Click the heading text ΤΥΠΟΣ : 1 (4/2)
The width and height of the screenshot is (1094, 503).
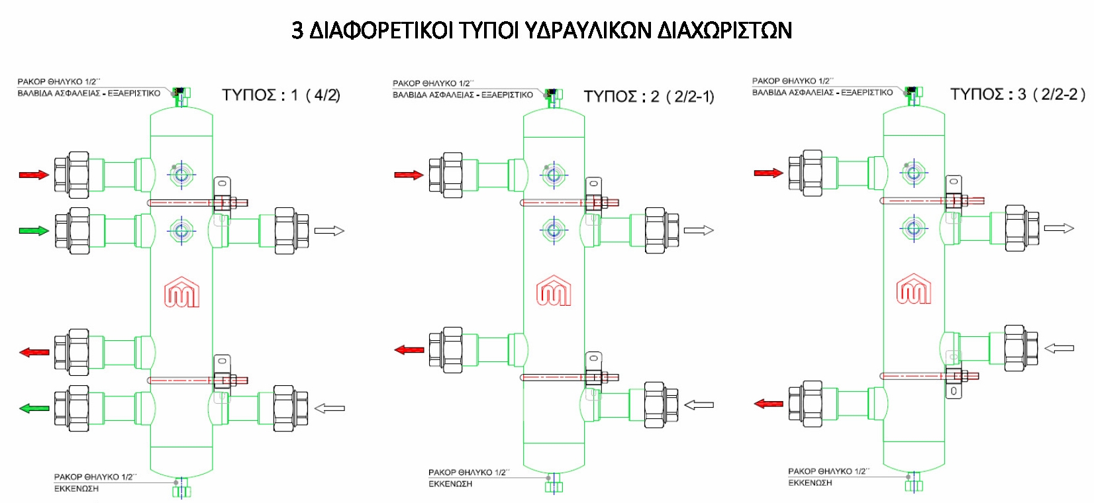click(281, 95)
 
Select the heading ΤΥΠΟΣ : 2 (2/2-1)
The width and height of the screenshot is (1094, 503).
click(648, 97)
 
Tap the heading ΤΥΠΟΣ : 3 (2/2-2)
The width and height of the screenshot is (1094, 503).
click(1017, 94)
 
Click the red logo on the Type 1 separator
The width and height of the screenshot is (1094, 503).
click(181, 292)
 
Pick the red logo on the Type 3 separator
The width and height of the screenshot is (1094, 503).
click(913, 289)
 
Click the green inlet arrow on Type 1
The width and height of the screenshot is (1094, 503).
click(34, 231)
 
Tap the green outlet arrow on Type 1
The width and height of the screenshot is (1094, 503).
click(34, 408)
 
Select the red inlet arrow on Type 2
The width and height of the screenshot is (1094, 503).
click(409, 175)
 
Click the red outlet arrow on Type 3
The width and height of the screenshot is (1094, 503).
click(768, 403)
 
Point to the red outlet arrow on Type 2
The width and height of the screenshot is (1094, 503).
click(409, 349)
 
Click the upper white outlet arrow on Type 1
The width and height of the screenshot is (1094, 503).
click(329, 231)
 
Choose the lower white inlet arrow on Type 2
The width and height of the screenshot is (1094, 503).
click(699, 405)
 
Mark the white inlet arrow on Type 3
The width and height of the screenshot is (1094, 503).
click(1059, 347)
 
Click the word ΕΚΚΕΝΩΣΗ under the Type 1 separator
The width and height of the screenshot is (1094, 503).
click(76, 489)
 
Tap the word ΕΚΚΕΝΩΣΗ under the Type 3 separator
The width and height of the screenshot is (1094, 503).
click(810, 483)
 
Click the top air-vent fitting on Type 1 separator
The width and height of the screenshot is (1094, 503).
click(179, 95)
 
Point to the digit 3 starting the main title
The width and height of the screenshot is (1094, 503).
click(297, 30)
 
